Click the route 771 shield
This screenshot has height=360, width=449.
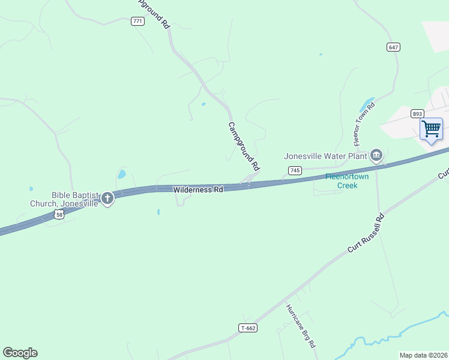[138, 22]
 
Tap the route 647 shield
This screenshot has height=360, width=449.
[394, 47]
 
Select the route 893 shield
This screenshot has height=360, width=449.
[418, 113]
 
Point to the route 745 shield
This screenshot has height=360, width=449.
[294, 171]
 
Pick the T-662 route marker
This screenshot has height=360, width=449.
[248, 328]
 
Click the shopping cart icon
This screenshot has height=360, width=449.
[431, 129]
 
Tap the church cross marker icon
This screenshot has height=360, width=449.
[107, 198]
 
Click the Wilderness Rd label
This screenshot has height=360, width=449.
[198, 190]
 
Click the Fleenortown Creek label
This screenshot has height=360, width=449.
[342, 181]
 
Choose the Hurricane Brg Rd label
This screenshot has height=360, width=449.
[300, 326]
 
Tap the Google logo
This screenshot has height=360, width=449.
[20, 353]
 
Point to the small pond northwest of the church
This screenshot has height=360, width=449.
[122, 175]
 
